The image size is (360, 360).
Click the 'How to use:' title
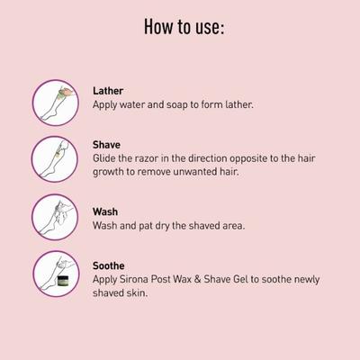pyautogui.click(x=184, y=27)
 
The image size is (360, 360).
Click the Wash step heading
pyautogui.click(x=106, y=211)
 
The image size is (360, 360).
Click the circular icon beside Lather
pyautogui.click(x=55, y=101)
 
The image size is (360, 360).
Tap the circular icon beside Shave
pyautogui.click(x=55, y=159)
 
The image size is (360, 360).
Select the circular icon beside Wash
pyautogui.click(x=55, y=217)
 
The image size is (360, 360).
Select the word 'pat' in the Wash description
pyautogui.click(x=158, y=225)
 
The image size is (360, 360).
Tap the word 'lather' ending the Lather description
pyautogui.click(x=237, y=105)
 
